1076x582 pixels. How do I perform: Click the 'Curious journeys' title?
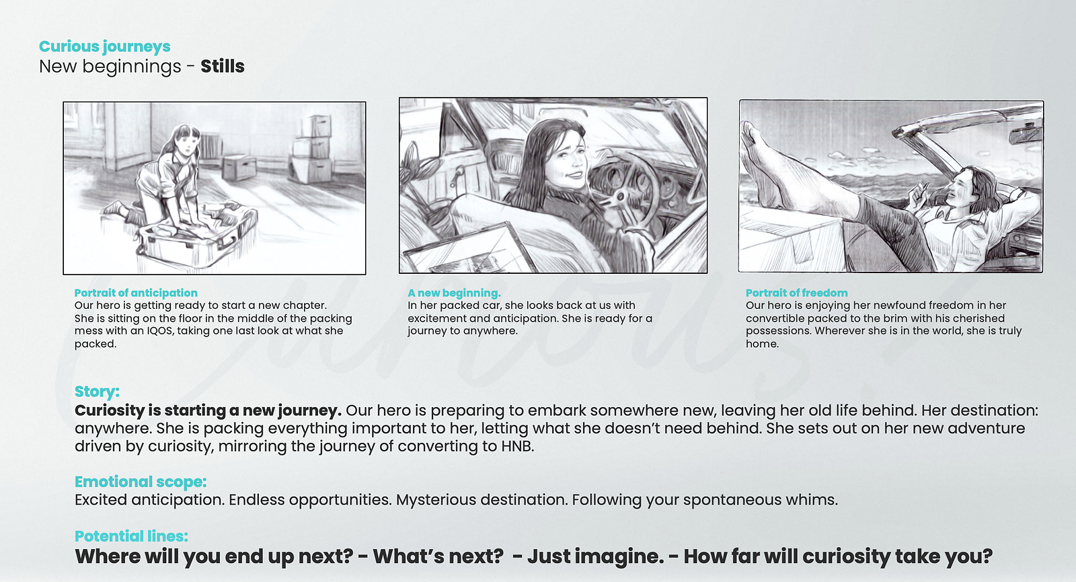point(105,46)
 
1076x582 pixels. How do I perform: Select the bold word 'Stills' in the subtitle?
point(223,67)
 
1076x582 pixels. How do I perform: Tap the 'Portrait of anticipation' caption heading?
point(136,293)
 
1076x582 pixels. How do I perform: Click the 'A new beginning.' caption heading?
point(454,293)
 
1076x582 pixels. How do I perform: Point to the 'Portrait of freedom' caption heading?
point(796,293)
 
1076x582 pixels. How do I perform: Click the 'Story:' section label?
point(97,391)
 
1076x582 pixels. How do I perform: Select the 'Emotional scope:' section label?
point(141,482)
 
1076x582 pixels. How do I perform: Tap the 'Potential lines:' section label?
point(131,536)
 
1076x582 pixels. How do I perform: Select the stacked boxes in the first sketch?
point(312,149)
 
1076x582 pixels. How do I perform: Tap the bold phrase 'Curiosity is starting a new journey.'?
point(208,410)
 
